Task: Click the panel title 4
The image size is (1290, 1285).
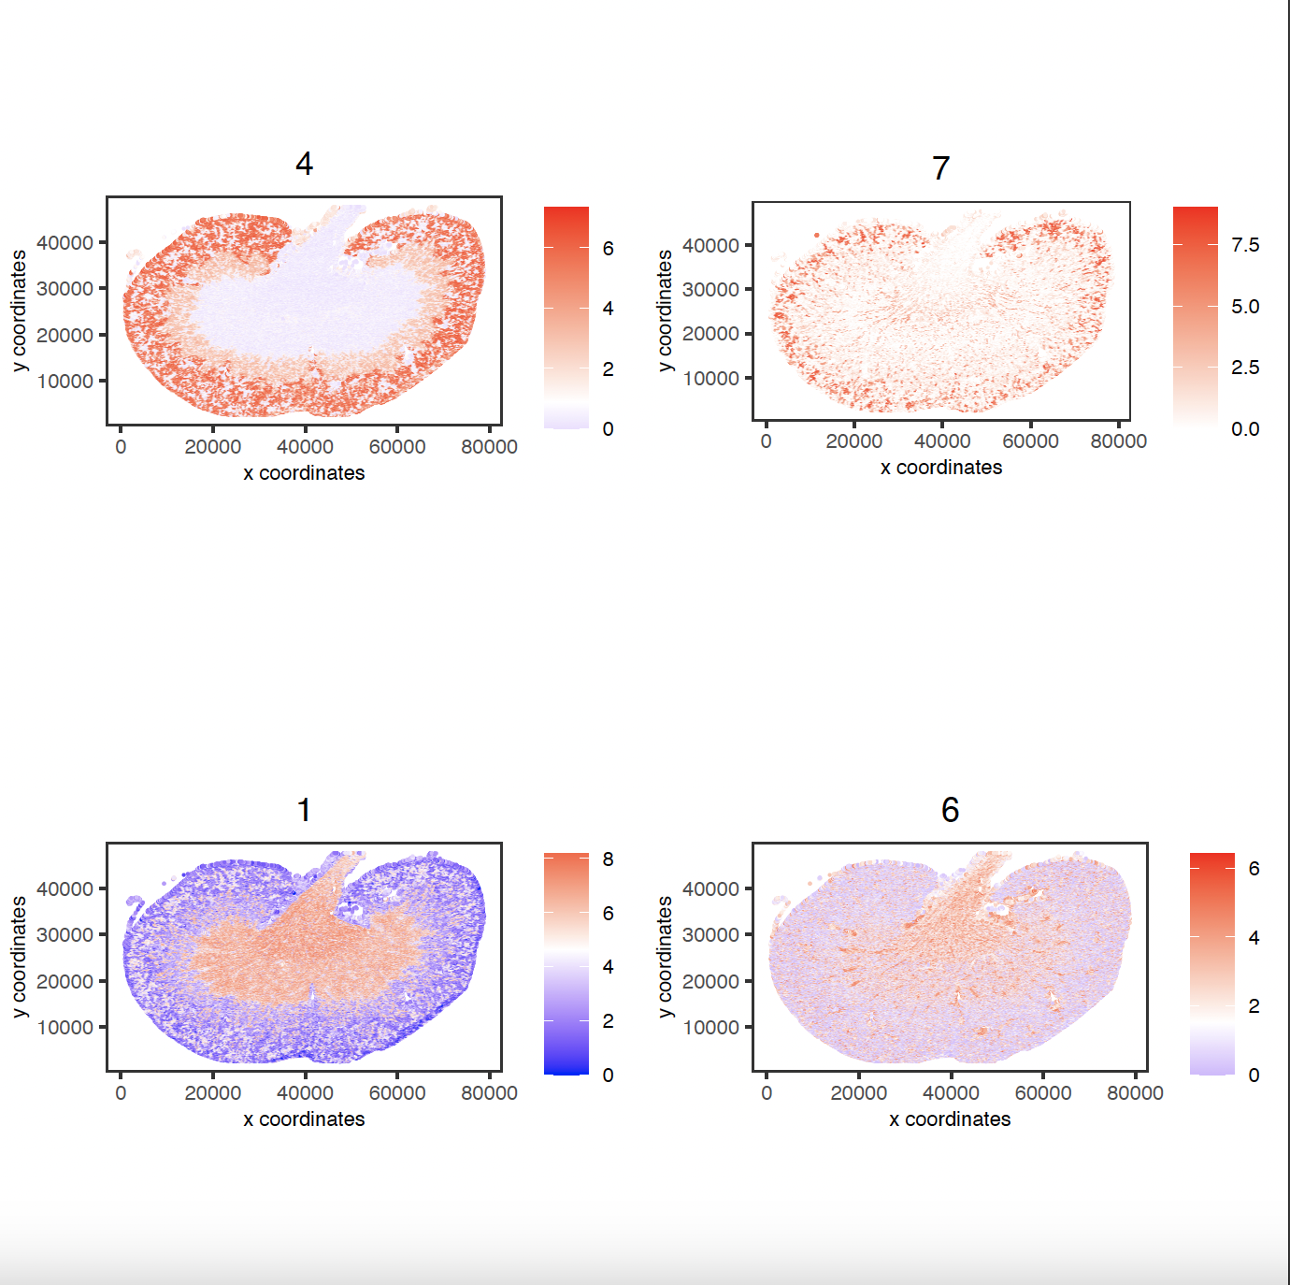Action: (x=304, y=165)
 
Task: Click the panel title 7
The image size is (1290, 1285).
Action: (x=940, y=168)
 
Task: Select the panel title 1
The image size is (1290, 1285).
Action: (x=304, y=810)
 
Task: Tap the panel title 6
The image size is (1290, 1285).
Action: (x=950, y=810)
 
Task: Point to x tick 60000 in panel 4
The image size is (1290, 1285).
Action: (x=397, y=447)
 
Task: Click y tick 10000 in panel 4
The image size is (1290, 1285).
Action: (x=64, y=382)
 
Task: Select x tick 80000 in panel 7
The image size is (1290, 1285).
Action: (x=1118, y=441)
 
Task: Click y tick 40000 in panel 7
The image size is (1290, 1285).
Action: (x=710, y=246)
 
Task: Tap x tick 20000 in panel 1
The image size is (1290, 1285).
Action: (x=212, y=1093)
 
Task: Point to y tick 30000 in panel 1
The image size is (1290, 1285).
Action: (x=64, y=935)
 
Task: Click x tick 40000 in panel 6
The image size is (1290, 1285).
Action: (x=951, y=1093)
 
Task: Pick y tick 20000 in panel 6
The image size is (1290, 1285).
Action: (x=710, y=982)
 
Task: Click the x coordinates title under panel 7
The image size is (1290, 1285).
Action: (x=940, y=468)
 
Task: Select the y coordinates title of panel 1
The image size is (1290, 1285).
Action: (x=19, y=957)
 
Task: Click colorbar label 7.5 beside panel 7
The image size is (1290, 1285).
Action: (x=1245, y=245)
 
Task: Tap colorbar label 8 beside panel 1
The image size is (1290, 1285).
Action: (x=608, y=859)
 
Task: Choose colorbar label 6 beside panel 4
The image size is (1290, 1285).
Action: (x=608, y=249)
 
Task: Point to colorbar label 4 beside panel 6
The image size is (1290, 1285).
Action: (x=1254, y=938)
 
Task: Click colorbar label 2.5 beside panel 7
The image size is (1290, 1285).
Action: (x=1245, y=368)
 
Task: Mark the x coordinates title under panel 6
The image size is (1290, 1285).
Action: (x=950, y=1119)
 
